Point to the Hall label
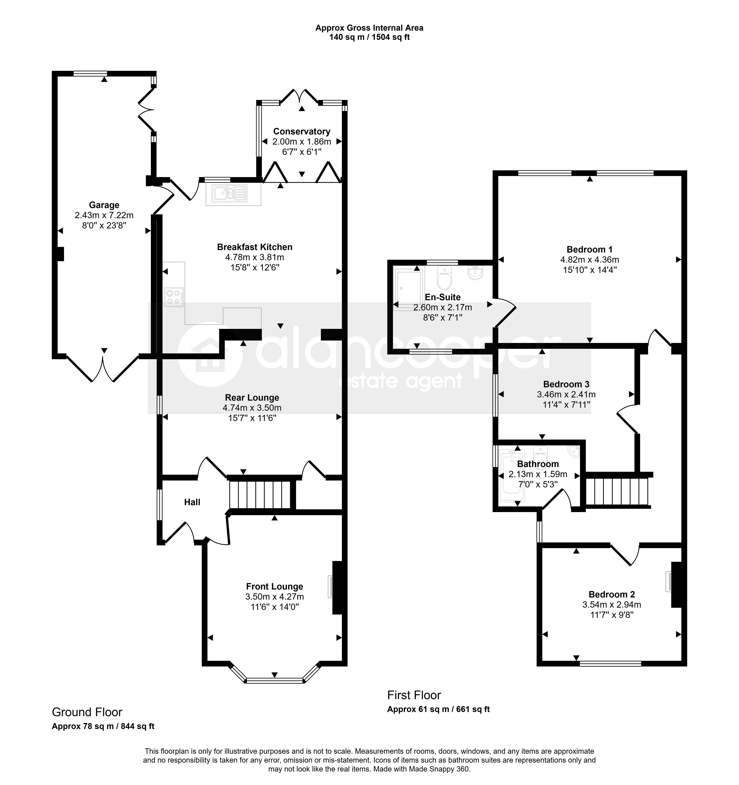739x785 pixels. tap(192, 502)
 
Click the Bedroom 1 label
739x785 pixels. tap(589, 250)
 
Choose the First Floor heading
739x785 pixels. tap(414, 695)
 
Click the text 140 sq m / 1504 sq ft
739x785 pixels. tap(369, 38)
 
